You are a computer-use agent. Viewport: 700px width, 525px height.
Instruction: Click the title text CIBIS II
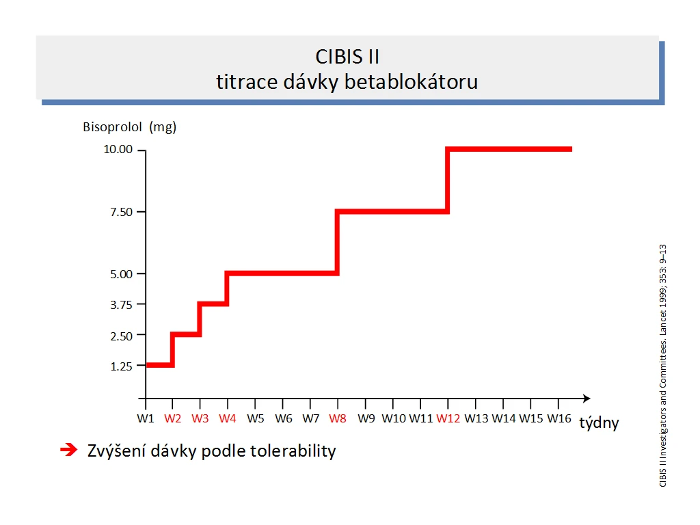tap(347, 57)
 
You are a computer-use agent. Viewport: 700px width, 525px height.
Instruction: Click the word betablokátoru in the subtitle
tap(411, 82)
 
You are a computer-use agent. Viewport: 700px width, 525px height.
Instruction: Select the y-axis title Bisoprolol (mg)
tap(129, 127)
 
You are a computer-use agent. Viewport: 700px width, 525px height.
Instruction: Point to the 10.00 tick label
tap(118, 149)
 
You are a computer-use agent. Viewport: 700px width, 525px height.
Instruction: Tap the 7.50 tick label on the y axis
tap(122, 212)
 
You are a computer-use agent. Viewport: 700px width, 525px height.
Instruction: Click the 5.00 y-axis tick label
tap(122, 274)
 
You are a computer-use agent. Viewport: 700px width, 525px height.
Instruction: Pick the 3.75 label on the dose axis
tap(122, 305)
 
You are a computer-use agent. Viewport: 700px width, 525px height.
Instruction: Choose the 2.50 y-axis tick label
tap(122, 336)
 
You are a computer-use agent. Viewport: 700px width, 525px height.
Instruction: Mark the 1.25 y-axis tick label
tap(122, 366)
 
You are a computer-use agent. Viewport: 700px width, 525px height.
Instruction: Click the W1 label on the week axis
tap(146, 419)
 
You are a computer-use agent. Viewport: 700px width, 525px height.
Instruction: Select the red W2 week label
tap(172, 419)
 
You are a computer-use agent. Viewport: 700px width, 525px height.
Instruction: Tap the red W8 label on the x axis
tap(338, 419)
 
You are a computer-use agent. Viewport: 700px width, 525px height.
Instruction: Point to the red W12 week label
tap(448, 419)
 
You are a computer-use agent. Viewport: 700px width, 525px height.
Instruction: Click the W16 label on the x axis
tap(559, 419)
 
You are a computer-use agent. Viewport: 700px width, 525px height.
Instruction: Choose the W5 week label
tap(256, 419)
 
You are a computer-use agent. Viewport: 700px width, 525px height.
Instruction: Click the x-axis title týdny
tap(599, 422)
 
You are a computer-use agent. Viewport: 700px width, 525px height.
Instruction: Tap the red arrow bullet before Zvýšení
tap(69, 450)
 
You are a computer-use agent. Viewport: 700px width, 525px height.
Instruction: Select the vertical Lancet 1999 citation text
tap(663, 366)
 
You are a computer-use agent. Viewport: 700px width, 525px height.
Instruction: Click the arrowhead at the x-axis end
tap(587, 399)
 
